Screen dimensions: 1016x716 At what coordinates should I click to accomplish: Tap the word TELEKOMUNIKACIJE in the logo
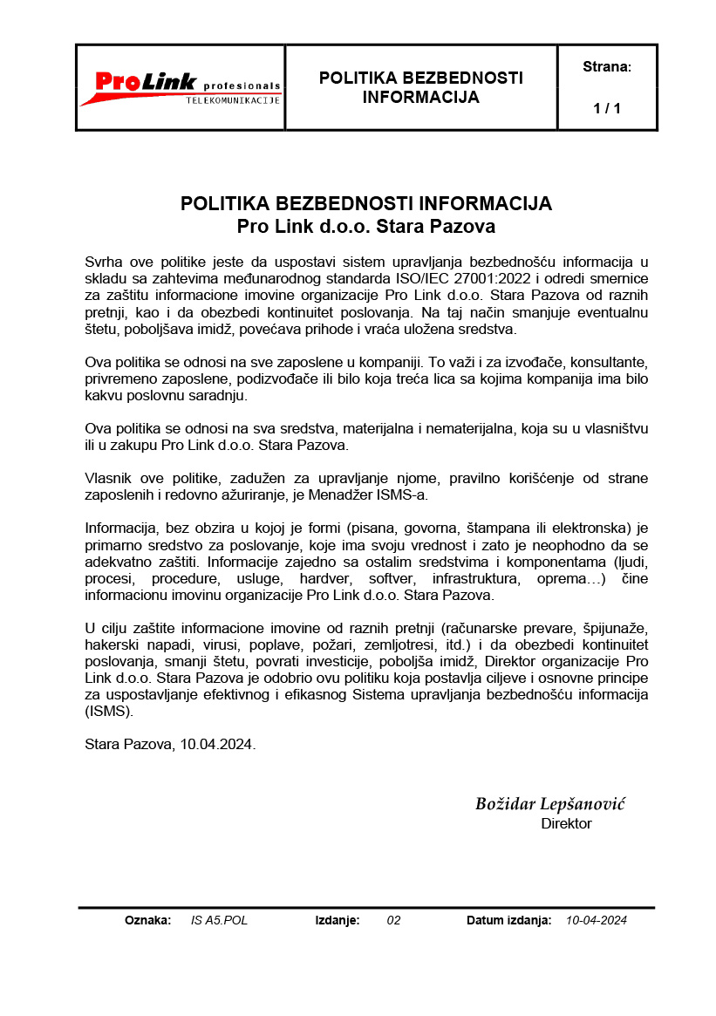[233, 100]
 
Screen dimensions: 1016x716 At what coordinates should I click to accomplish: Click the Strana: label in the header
[606, 66]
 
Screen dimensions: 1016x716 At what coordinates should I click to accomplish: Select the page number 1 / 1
[606, 109]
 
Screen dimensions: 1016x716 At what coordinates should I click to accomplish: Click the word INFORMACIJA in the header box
[420, 97]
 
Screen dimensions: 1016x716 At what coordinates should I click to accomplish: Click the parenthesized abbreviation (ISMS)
[109, 711]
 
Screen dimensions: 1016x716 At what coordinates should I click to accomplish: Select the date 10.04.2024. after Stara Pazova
[218, 745]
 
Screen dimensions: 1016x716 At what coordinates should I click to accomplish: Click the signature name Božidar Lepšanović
[549, 804]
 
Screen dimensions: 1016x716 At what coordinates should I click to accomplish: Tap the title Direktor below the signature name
[566, 823]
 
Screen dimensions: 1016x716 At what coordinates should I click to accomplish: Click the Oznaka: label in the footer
[147, 920]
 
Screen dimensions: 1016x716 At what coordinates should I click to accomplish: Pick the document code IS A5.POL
[219, 920]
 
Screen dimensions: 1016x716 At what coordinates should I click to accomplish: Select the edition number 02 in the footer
[393, 920]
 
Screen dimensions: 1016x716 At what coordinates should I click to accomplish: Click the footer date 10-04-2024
[597, 920]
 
